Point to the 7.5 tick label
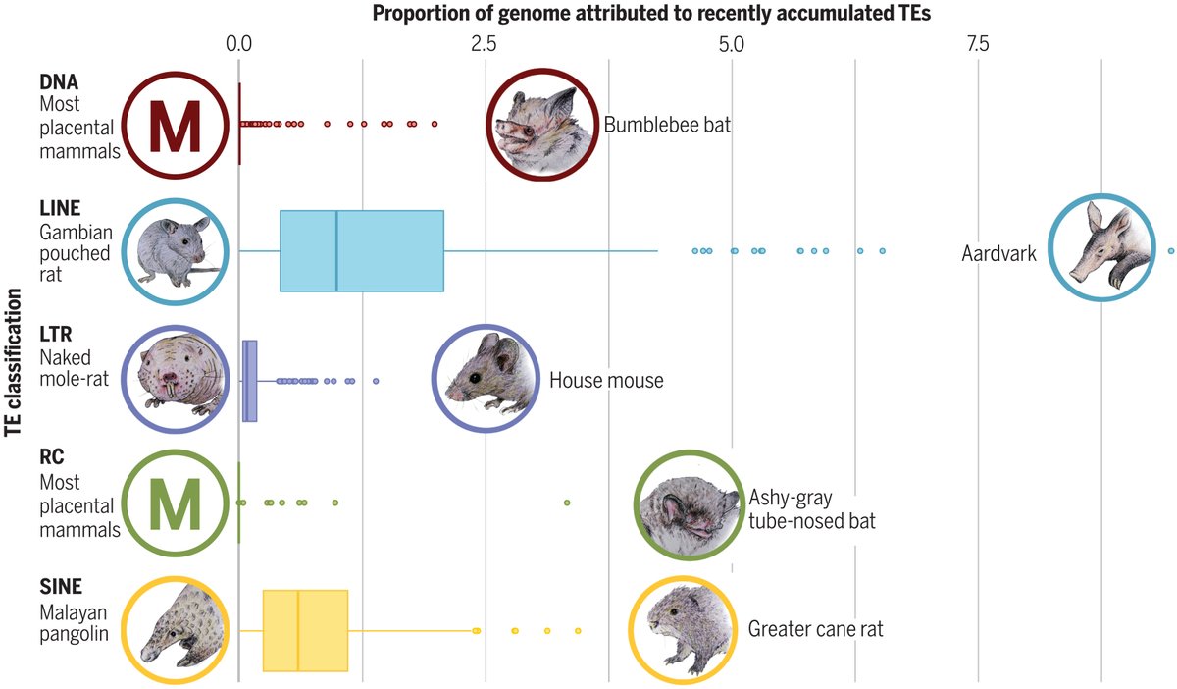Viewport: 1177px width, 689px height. (x=977, y=44)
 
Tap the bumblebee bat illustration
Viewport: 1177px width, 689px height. (x=541, y=125)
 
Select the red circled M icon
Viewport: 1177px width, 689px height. (x=175, y=127)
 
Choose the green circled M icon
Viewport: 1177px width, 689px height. (x=175, y=503)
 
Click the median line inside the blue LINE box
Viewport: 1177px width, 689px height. (x=336, y=251)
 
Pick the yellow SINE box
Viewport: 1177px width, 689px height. (x=305, y=630)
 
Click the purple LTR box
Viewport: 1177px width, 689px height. (x=250, y=381)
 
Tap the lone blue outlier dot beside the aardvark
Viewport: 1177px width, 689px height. (x=1171, y=251)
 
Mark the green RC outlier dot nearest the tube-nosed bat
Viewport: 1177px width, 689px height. (x=566, y=503)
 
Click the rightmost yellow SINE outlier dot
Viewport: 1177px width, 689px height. (x=578, y=630)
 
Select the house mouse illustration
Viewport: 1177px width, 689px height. (x=487, y=378)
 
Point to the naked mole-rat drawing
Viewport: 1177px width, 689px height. (x=175, y=379)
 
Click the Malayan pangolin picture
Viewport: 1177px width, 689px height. (x=175, y=628)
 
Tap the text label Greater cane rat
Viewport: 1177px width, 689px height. (x=815, y=628)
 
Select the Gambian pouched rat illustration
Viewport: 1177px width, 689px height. (x=175, y=250)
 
